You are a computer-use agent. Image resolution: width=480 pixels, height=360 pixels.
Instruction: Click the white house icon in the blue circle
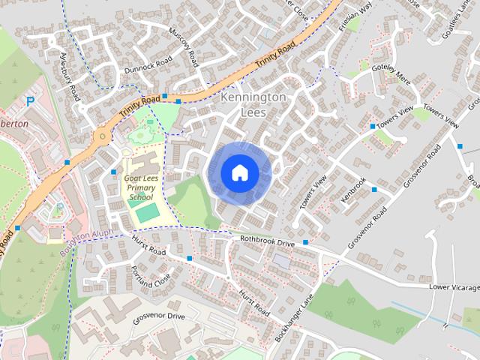click(238, 172)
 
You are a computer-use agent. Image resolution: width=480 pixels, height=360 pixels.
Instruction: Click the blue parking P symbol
click(31, 100)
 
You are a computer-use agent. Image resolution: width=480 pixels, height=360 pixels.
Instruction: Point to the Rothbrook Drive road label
click(268, 241)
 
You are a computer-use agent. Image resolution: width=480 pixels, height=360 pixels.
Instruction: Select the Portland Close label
click(150, 277)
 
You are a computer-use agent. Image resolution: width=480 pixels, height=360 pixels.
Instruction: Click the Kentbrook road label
click(353, 187)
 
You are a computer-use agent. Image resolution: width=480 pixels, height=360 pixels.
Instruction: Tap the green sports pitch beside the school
click(148, 212)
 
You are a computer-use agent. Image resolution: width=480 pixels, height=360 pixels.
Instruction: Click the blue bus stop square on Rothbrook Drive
click(306, 242)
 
